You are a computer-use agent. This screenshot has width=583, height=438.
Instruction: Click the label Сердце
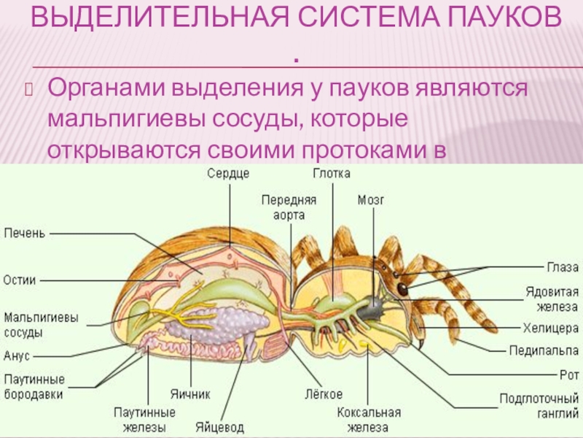point(228,174)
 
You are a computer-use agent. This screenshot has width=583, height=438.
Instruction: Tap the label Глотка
point(332,174)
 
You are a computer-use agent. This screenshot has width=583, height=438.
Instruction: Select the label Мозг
point(371,199)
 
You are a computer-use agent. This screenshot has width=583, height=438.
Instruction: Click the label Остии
point(20,280)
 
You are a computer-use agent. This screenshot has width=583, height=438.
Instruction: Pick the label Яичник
point(190,393)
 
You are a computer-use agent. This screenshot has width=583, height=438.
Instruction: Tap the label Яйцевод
point(219,427)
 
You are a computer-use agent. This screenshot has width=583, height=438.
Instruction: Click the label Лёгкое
point(324,394)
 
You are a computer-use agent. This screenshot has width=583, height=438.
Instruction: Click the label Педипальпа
point(544,350)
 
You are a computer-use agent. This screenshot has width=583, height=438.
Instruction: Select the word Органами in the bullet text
point(106,88)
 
